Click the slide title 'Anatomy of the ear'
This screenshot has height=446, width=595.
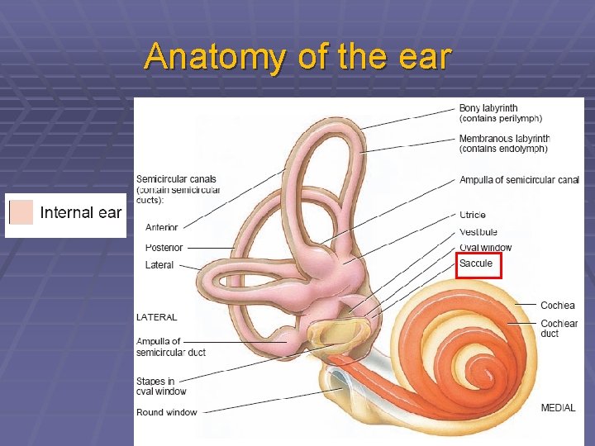point(297,58)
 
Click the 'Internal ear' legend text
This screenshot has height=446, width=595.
point(80,213)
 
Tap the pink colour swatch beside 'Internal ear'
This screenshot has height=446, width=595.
point(21,212)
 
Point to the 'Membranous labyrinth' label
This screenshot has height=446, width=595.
point(504,139)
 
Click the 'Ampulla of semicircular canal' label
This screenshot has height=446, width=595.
point(519,180)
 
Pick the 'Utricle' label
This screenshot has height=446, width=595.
point(473,215)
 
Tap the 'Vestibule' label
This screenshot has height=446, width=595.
point(478,231)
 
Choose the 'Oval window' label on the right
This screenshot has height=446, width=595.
point(485,248)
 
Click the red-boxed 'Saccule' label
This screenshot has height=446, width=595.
point(476,263)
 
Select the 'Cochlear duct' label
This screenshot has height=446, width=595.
point(559,328)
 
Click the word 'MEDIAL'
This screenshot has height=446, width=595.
point(558,408)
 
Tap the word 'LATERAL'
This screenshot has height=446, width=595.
point(156,317)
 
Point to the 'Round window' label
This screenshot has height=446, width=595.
point(167,412)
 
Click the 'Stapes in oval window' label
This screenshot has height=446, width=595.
point(161,387)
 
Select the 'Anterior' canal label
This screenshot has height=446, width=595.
point(162,227)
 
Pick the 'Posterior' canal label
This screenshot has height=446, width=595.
point(164,248)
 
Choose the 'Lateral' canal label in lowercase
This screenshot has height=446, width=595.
point(159,265)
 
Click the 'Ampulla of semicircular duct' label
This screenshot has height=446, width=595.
point(171,347)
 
